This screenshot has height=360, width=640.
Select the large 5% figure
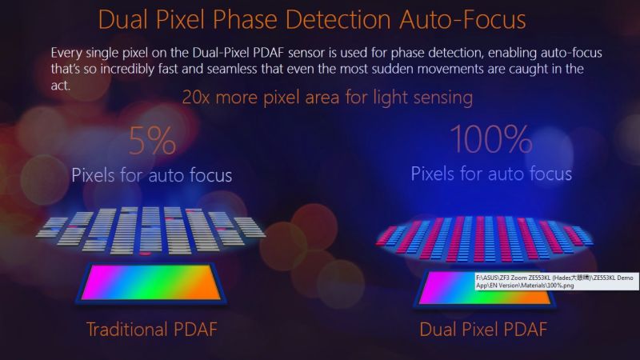[x=151, y=142]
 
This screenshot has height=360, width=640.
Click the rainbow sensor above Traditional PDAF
[x=153, y=282]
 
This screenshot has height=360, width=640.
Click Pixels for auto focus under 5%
[x=152, y=175]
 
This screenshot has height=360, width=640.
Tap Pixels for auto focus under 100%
[x=491, y=174]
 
